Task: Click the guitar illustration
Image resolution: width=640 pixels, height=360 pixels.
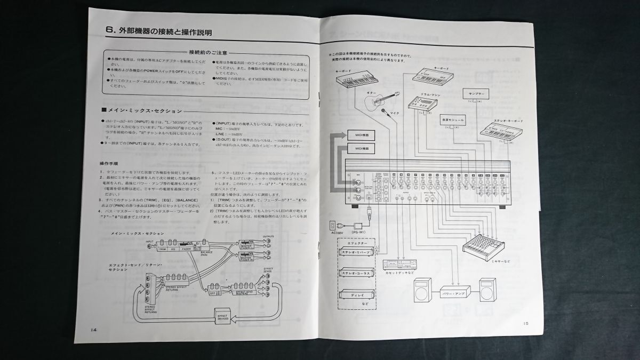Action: (x=381, y=100)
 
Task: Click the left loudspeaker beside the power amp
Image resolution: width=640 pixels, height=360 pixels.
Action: (x=421, y=292)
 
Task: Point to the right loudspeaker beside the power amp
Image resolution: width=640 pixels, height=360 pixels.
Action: (x=487, y=291)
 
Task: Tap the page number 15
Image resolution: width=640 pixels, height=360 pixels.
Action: (x=526, y=324)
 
